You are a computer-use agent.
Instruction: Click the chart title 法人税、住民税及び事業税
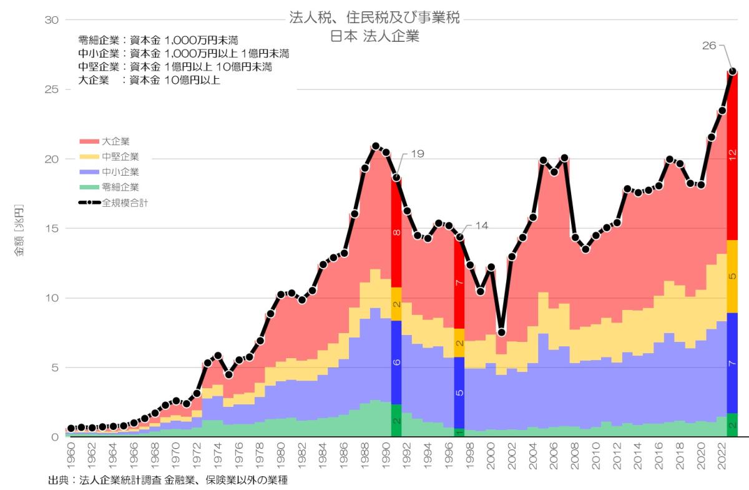(374, 17)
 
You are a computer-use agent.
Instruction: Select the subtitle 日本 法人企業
(374, 36)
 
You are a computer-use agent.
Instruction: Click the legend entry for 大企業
(115, 141)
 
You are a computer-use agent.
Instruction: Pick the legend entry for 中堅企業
(120, 156)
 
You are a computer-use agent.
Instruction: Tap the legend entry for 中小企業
(120, 171)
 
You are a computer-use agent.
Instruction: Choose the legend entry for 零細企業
(120, 187)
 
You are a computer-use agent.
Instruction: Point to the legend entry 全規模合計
(125, 202)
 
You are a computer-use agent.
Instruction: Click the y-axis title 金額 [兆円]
(19, 230)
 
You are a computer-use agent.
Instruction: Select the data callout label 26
(710, 46)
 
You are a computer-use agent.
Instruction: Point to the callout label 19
(417, 153)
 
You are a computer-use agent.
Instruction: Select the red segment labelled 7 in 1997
(459, 282)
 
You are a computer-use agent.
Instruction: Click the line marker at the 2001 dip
(501, 332)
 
